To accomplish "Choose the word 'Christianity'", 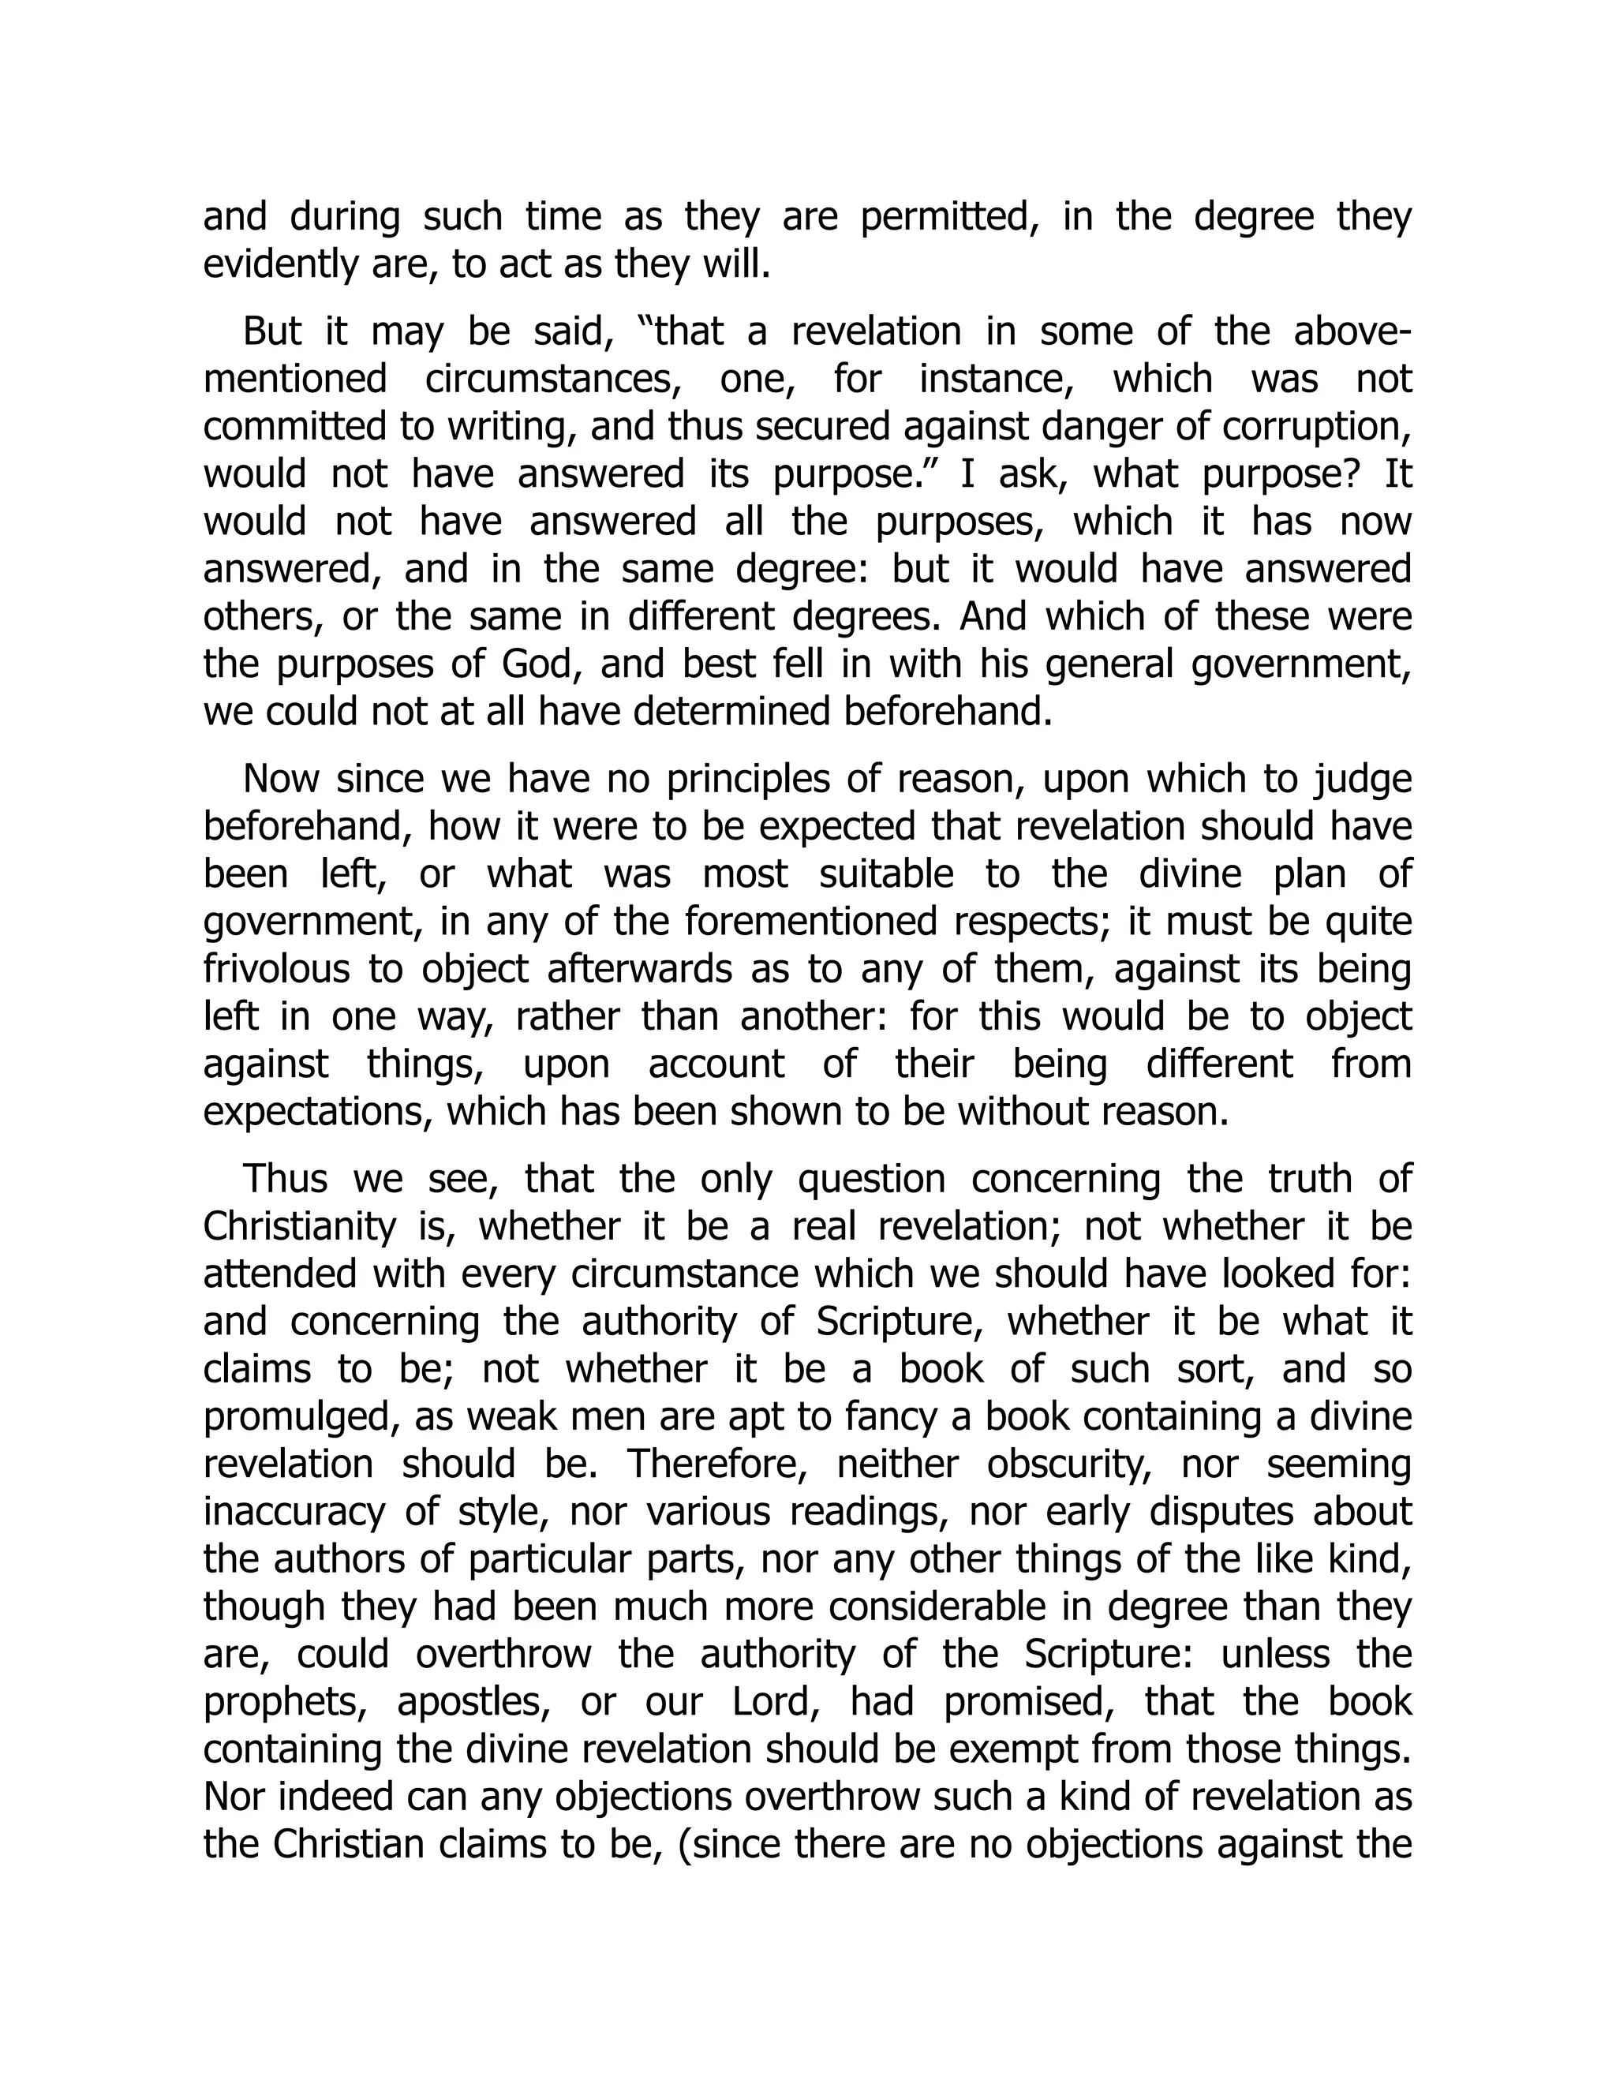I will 300,1226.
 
